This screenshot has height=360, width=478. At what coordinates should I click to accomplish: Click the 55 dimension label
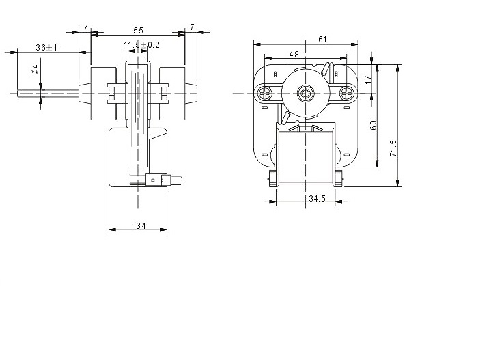pos(138,31)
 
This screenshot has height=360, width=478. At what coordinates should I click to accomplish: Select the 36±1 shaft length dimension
pos(46,48)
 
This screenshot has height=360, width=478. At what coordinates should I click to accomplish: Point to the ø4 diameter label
pos(35,70)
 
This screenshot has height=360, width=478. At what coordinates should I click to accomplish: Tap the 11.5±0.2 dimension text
pos(141,45)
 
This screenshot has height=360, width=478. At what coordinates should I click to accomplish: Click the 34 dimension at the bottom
pos(141,225)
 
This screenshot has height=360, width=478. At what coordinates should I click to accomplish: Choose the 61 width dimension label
pos(322,40)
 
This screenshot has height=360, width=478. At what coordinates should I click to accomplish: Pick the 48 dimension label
pos(294,54)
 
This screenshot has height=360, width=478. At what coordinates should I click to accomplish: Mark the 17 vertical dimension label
pos(368,79)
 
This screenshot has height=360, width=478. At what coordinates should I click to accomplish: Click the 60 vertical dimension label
pos(373,125)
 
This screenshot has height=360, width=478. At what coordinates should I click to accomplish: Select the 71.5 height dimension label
pos(393,148)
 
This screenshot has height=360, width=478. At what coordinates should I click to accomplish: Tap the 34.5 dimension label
pos(317,199)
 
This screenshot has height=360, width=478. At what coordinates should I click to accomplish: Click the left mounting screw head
pos(265,93)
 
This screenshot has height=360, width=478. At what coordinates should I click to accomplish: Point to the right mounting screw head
pos(346,93)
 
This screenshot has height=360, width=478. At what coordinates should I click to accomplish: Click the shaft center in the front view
pos(305,93)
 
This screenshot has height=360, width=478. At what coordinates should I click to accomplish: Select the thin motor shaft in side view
pos(48,94)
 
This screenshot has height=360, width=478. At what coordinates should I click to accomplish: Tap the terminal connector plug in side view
pos(165,180)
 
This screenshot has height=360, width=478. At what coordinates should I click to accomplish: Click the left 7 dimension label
pos(85,28)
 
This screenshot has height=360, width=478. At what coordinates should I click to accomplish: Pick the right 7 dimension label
pos(192,27)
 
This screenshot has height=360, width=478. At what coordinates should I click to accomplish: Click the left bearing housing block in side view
pos(104,94)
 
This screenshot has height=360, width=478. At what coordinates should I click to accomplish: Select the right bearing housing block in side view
pos(172,94)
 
